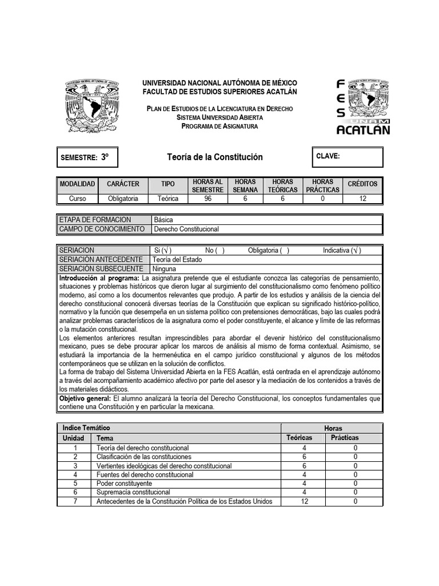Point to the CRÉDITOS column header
362,184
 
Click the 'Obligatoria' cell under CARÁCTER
123,199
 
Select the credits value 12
362,199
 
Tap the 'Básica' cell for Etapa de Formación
163,220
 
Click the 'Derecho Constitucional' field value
186,229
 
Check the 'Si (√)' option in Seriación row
163,251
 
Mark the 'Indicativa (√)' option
342,251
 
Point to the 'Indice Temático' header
86,428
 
